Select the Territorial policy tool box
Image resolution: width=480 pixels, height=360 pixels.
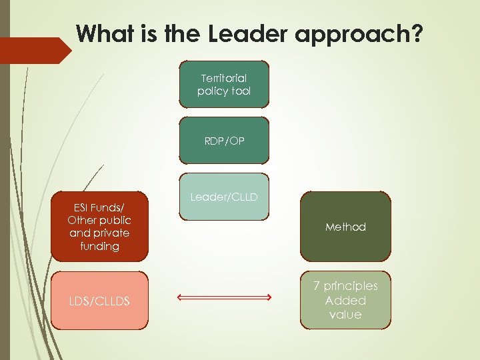click(224, 84)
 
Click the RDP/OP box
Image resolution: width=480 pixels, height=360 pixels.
click(224, 141)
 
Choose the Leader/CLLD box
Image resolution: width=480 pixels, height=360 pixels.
click(224, 197)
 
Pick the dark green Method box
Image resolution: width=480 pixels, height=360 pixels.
click(345, 227)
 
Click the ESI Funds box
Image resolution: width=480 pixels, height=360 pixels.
click(99, 227)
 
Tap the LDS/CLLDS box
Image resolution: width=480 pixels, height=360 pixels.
click(99, 301)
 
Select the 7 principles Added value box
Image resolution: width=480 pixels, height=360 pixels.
click(345, 300)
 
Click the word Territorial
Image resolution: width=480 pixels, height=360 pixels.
click(224, 78)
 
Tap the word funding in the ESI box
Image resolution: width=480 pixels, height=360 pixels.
click(99, 246)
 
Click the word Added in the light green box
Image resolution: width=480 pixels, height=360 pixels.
click(345, 300)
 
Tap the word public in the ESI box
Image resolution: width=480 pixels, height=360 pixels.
click(115, 220)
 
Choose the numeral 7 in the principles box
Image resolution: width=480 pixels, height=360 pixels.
click(317, 286)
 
